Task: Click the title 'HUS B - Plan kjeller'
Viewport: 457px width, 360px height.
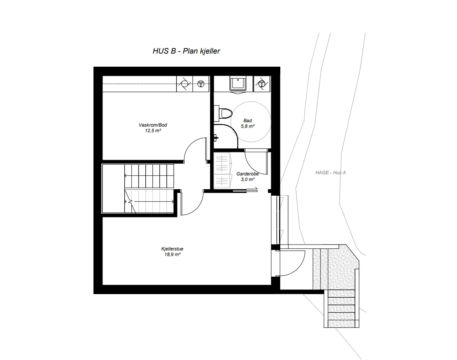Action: [186, 51]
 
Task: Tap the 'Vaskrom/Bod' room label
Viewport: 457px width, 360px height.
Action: [153, 125]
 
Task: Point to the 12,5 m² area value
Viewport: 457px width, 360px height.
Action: [153, 131]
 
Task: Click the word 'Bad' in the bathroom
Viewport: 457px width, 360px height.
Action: [247, 121]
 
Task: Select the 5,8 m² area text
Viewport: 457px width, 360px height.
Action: [248, 126]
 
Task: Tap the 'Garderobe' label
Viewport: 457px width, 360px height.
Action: [247, 174]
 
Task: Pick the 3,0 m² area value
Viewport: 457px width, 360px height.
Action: [248, 179]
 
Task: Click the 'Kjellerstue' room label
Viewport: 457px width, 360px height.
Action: [172, 249]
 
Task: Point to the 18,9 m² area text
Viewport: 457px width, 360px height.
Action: [173, 254]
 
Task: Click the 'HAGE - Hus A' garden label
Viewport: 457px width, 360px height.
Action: [330, 172]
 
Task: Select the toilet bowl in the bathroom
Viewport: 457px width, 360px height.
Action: [225, 113]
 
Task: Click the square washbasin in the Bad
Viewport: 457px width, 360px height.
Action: [237, 84]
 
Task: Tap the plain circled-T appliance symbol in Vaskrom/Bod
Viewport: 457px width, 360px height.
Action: [201, 84]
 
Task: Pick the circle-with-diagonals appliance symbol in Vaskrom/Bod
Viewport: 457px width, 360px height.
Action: [185, 84]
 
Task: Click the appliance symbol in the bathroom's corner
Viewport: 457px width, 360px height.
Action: [262, 84]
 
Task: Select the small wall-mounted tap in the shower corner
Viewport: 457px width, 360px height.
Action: [215, 137]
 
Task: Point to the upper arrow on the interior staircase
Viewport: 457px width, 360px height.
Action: [149, 175]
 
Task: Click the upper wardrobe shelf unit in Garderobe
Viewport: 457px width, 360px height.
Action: [222, 163]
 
